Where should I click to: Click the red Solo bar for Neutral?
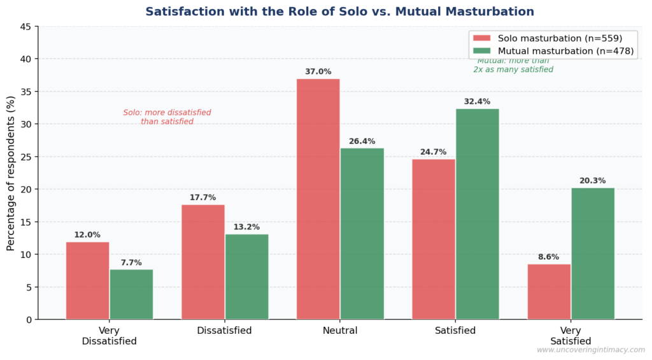pyautogui.click(x=318, y=199)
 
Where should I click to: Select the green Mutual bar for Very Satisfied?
pyautogui.click(x=593, y=253)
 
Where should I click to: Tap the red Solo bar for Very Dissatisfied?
pyautogui.click(x=87, y=280)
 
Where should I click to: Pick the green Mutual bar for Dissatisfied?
pyautogui.click(x=246, y=277)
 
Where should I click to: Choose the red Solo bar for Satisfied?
pyautogui.click(x=434, y=239)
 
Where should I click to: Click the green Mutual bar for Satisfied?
pyautogui.click(x=478, y=213)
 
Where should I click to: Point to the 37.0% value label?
pyautogui.click(x=318, y=72)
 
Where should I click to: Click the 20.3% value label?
pyautogui.click(x=593, y=181)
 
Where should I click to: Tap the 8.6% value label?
pyautogui.click(x=548, y=257)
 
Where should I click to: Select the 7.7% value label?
pyautogui.click(x=131, y=263)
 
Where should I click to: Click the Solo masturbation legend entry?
pyautogui.click(x=551, y=38)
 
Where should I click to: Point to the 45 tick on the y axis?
pyautogui.click(x=26, y=27)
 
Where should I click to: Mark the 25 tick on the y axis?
pyautogui.click(x=26, y=157)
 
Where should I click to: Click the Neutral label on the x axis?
pyautogui.click(x=340, y=331)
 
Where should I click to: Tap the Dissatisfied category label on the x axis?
pyautogui.click(x=224, y=331)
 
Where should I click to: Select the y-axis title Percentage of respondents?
pyautogui.click(x=11, y=173)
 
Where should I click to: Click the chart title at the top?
pyautogui.click(x=339, y=11)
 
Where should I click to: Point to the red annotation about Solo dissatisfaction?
pyautogui.click(x=167, y=117)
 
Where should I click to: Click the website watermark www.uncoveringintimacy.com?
pyautogui.click(x=590, y=350)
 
